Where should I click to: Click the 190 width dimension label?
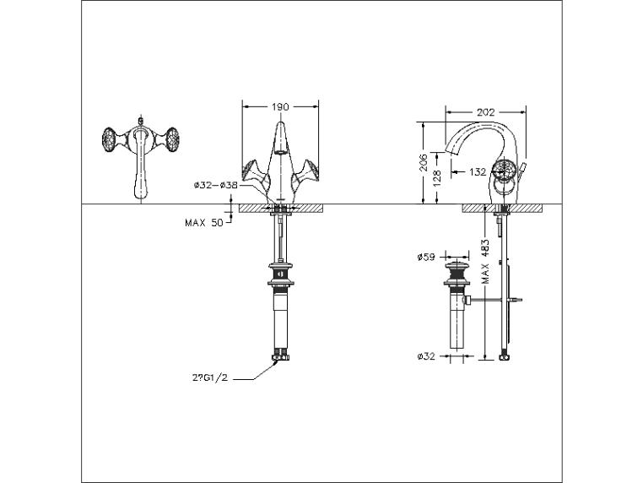[280, 106]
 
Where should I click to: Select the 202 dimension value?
[485, 112]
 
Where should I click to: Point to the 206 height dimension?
[424, 162]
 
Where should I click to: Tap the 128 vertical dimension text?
[437, 178]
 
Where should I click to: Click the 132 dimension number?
[478, 172]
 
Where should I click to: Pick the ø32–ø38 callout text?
[216, 185]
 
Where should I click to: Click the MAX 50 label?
[204, 223]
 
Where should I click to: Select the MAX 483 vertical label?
[485, 262]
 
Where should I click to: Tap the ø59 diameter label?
[426, 258]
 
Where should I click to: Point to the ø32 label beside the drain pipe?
[426, 356]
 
